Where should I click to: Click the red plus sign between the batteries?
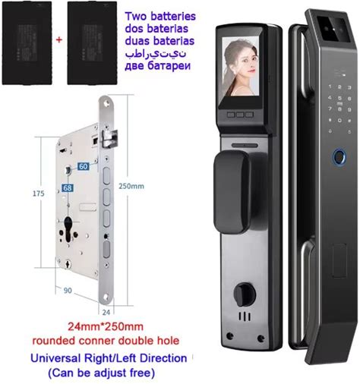pos(59,39)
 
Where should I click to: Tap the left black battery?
pos(27,43)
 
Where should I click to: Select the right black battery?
pos(92,43)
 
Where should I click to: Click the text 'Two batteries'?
pos(160,16)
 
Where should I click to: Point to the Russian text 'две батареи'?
pos(157,66)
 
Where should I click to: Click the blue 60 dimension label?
pos(83,166)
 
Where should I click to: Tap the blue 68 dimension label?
pos(68,188)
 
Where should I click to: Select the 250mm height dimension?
pos(131,186)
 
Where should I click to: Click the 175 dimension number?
pos(39,194)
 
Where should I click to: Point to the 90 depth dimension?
pos(68,291)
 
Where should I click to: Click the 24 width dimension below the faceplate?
pos(106,313)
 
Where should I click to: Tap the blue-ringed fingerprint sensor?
pos(339,157)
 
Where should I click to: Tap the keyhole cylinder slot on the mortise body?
pos(68,229)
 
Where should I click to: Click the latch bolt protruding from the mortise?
pos(110,139)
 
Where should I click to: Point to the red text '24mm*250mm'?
pos(106,326)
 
